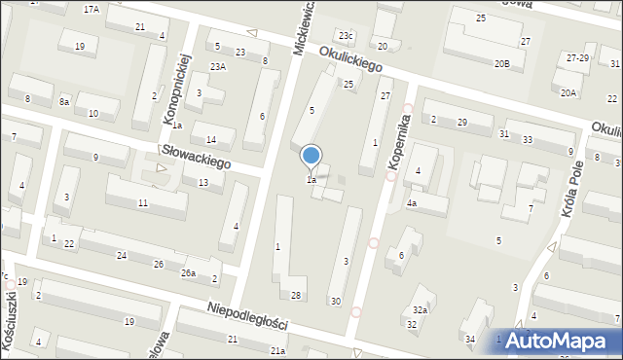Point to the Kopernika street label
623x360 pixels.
[x=399, y=146]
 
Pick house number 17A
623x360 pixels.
[x=92, y=9]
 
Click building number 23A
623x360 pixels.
[x=218, y=65]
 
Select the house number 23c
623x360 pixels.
[x=346, y=35]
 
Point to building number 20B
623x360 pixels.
[x=501, y=63]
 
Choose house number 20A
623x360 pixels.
[x=568, y=92]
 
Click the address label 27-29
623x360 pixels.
[x=577, y=58]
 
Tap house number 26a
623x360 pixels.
[x=189, y=272]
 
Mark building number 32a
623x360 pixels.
[x=419, y=308]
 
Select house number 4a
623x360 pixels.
[x=412, y=203]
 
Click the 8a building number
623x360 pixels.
[x=64, y=101]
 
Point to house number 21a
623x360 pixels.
[x=278, y=350]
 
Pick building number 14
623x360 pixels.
[x=211, y=140]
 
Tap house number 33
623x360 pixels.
[x=527, y=140]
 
